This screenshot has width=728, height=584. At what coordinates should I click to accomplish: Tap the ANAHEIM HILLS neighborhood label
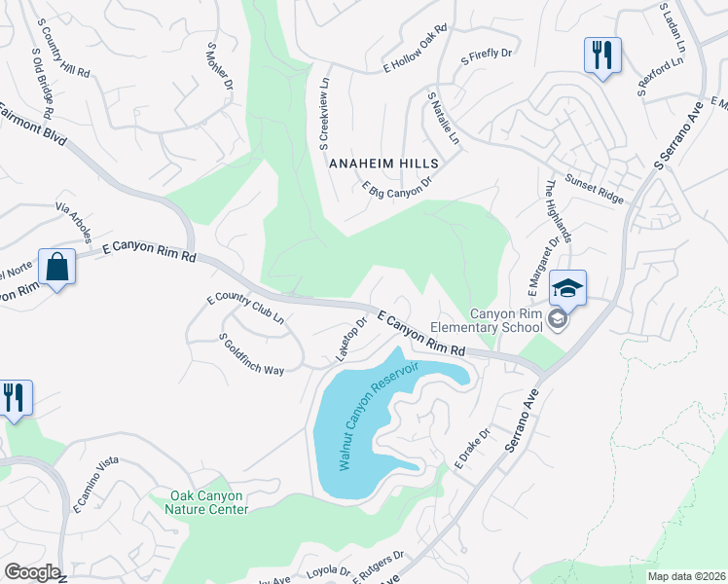click(x=383, y=164)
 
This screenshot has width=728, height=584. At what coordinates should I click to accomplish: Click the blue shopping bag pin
click(x=57, y=266)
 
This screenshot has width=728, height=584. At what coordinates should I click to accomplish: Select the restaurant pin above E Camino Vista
click(x=15, y=397)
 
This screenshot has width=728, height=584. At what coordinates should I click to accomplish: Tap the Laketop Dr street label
click(x=351, y=335)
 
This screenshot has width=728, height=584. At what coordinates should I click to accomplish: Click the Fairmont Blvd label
click(x=35, y=128)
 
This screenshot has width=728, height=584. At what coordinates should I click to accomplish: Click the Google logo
click(x=32, y=572)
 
